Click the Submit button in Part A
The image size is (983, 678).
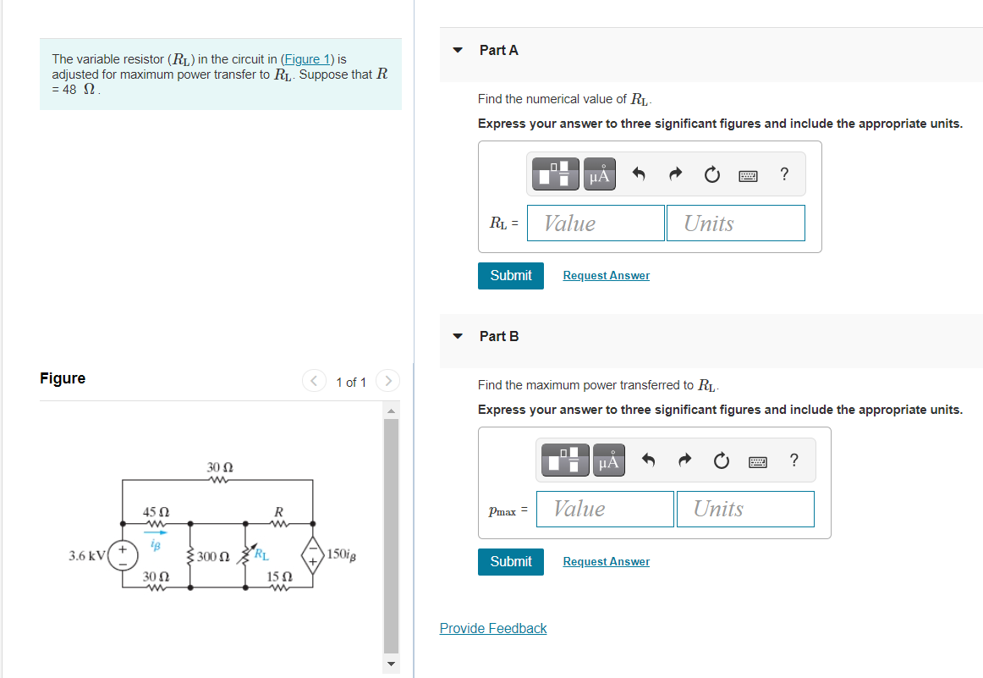click(511, 275)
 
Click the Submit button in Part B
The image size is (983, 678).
click(511, 561)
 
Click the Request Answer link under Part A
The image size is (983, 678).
click(606, 276)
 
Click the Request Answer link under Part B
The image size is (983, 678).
click(606, 562)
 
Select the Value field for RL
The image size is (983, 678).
click(596, 223)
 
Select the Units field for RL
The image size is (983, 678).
click(735, 223)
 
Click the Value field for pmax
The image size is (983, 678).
click(605, 509)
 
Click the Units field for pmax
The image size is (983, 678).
click(744, 509)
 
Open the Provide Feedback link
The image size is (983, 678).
click(493, 628)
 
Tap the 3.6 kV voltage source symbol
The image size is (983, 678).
click(123, 556)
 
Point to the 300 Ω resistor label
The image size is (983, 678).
click(213, 557)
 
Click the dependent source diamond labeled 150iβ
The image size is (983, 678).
click(313, 556)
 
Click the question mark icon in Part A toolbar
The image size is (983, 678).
click(784, 174)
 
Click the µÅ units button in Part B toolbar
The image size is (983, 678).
click(609, 461)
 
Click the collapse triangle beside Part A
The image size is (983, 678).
click(458, 51)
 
